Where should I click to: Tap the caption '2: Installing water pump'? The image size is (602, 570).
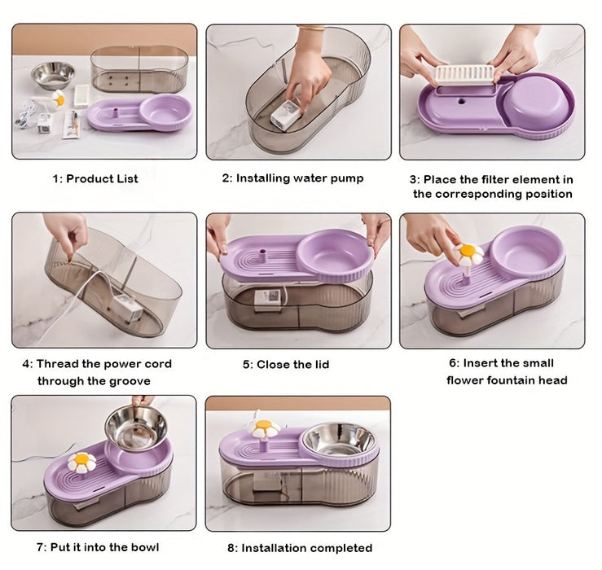[292, 178]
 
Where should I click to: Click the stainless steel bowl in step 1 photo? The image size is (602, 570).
[53, 75]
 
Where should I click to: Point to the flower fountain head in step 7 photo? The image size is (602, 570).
[81, 463]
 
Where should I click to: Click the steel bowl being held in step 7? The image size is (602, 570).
[136, 426]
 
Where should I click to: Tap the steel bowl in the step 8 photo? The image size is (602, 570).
[338, 440]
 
